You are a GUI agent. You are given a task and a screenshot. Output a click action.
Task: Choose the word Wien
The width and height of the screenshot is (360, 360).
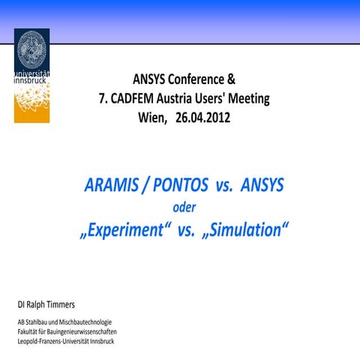(x=152, y=118)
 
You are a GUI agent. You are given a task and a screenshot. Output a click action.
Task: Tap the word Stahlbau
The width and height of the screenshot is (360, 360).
(x=40, y=322)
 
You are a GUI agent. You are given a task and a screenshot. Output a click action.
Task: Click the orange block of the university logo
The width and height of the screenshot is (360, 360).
(x=31, y=105)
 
